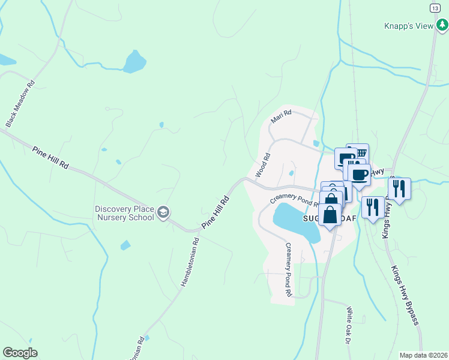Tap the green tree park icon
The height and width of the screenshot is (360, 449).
tap(442, 25)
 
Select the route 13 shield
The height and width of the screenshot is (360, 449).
tap(435, 7)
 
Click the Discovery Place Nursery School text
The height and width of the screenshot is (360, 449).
tap(124, 213)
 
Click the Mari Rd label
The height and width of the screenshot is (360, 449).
tap(281, 116)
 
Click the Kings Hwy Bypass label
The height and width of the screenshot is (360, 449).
tap(403, 295)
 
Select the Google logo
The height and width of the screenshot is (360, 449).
tap(20, 353)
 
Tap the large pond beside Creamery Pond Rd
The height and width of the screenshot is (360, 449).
tap(295, 220)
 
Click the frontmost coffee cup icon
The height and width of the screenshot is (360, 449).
tap(360, 175)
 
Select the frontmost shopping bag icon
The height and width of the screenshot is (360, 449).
tap(330, 214)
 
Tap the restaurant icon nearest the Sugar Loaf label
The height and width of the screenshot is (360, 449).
tap(373, 208)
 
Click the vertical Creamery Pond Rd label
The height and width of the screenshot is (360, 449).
tap(288, 270)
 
